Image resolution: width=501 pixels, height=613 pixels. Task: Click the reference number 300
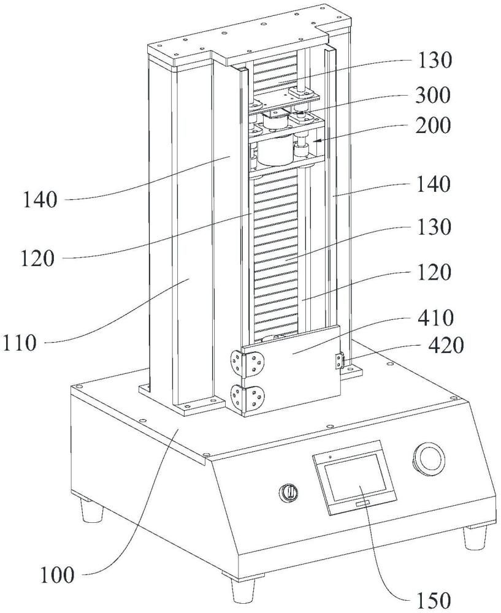click(432, 96)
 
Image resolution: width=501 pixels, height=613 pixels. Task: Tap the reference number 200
click(432, 126)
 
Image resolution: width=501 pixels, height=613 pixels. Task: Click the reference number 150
click(433, 600)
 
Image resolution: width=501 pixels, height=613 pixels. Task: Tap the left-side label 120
click(37, 259)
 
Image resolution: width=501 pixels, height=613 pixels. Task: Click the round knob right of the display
click(429, 457)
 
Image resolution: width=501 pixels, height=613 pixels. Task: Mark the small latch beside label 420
click(339, 360)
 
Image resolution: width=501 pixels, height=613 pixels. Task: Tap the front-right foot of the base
click(475, 538)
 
